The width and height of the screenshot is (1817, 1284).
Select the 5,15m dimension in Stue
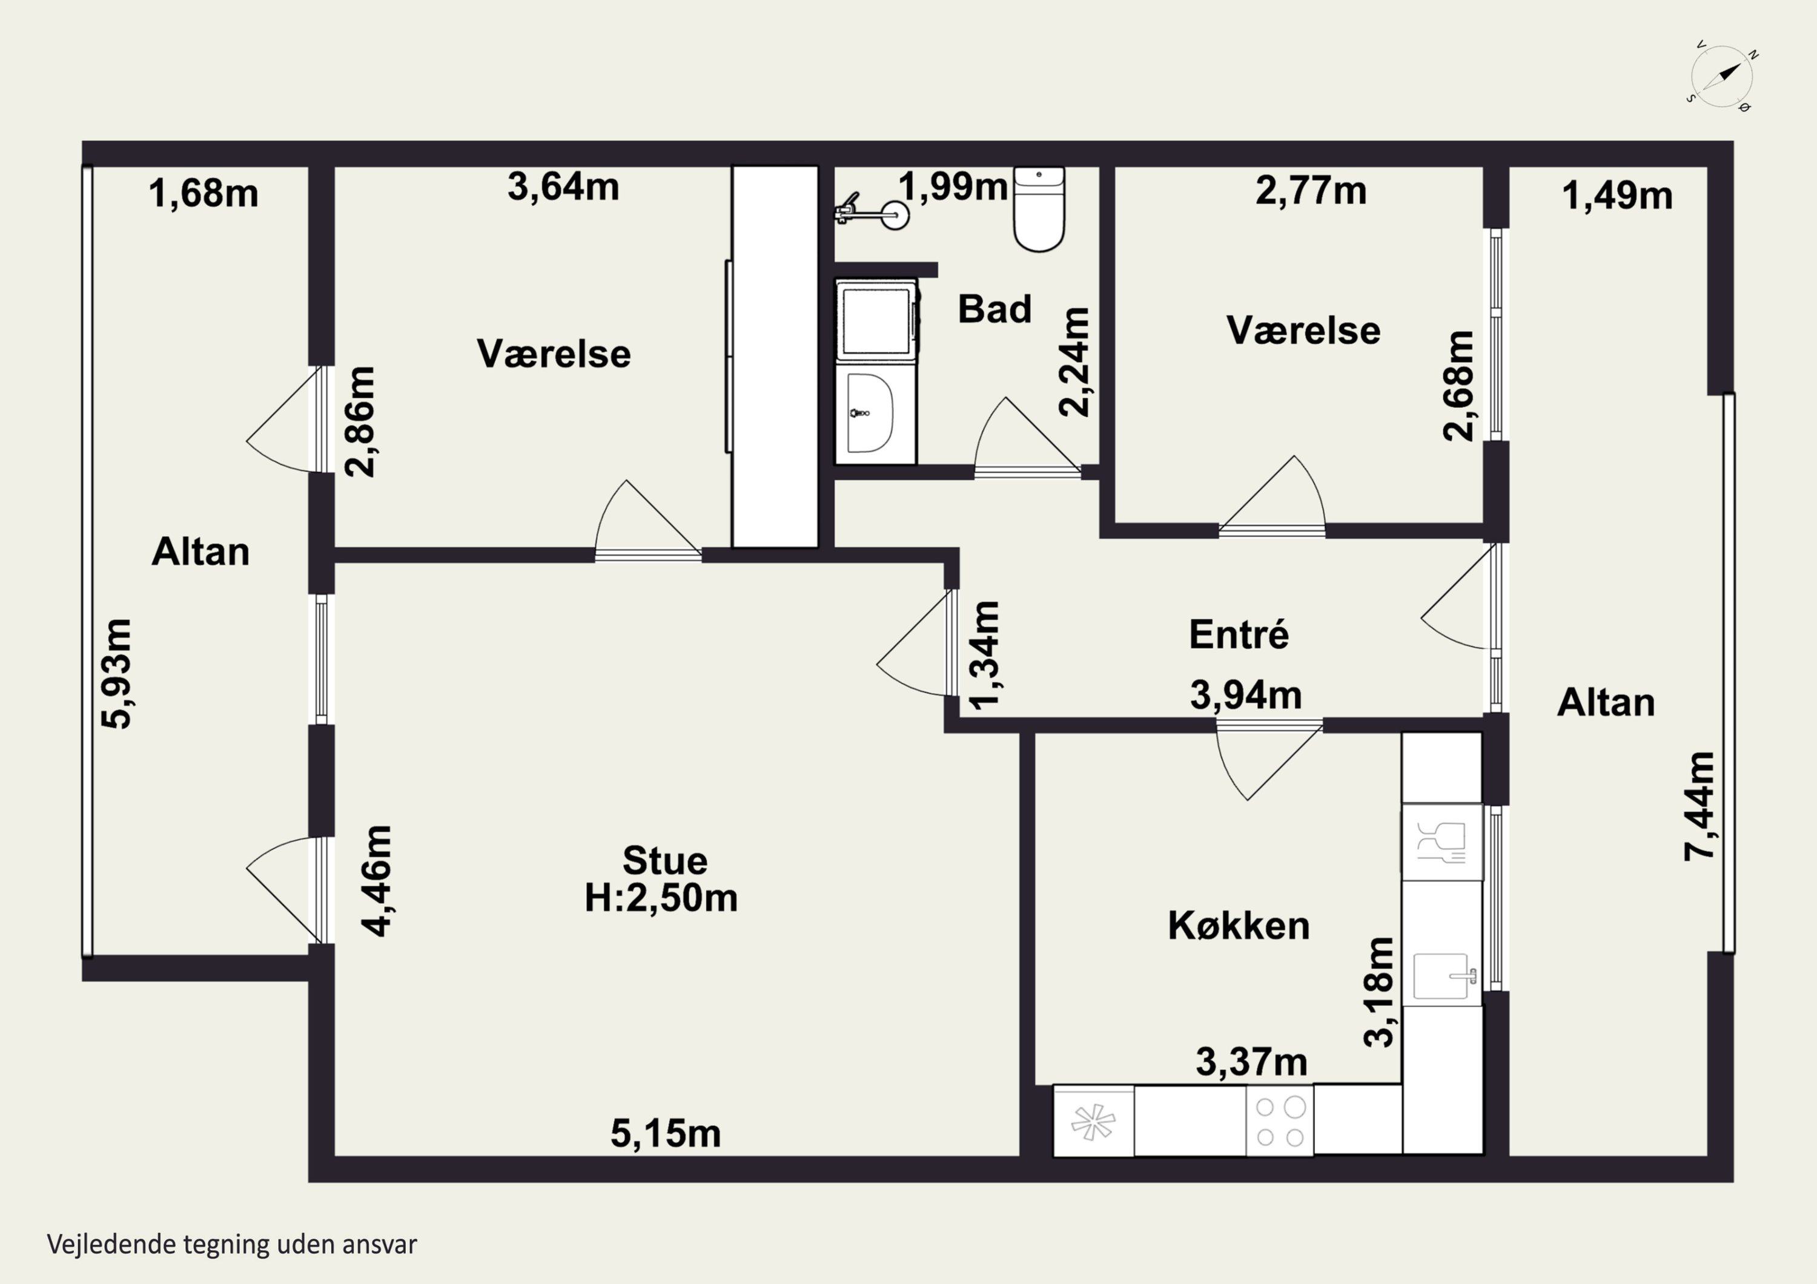[x=666, y=1134]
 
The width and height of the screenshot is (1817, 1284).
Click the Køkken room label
[x=1239, y=926]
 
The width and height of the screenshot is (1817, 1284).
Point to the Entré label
[x=1239, y=634]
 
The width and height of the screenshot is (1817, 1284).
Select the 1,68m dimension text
[x=204, y=194]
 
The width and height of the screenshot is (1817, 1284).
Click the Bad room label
[x=994, y=309]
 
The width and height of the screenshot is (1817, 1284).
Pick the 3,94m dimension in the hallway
[x=1246, y=696]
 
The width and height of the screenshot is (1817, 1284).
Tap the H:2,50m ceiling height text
[x=661, y=898]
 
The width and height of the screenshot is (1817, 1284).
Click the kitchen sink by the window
[x=1443, y=975]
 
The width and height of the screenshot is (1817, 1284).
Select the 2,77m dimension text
[x=1311, y=191]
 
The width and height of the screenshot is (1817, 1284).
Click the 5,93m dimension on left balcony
[x=116, y=673]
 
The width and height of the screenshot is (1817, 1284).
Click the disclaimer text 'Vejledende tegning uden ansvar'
[x=232, y=1243]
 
